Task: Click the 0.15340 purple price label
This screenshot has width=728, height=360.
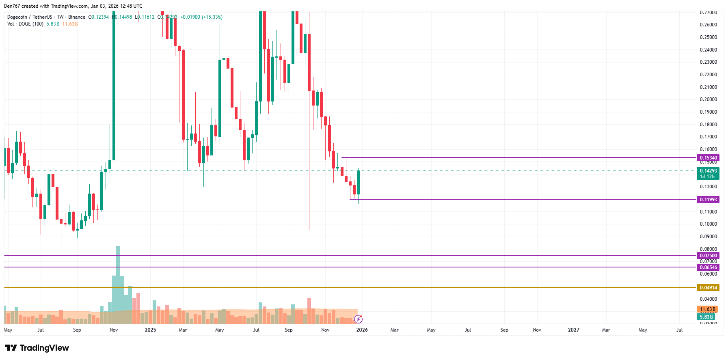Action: point(708,158)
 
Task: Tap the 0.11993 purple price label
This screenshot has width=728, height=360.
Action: point(708,200)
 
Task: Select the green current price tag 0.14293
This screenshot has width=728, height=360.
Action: point(708,171)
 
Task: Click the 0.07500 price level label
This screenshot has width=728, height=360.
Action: point(708,256)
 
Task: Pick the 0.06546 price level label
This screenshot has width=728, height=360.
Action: point(708,267)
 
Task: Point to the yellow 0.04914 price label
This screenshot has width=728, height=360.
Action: point(708,288)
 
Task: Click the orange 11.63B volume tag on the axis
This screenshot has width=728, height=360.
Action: point(707,309)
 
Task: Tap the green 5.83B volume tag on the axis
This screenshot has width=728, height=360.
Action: point(706,317)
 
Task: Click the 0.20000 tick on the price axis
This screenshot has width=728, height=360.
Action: point(708,99)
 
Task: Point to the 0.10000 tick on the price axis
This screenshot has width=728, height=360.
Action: point(708,224)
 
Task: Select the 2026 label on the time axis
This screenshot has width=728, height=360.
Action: point(362,330)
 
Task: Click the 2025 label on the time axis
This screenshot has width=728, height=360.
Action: point(150,330)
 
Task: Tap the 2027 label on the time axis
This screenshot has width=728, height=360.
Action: point(573,330)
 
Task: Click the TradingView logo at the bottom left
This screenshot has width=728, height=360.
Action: point(37,348)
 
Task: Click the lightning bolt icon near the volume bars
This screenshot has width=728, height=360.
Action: point(358,319)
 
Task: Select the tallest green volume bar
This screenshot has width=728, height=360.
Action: point(118,284)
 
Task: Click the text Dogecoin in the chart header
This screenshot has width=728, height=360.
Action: point(17,17)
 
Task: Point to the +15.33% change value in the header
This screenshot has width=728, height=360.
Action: point(212,17)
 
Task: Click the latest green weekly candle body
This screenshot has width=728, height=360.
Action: point(358,183)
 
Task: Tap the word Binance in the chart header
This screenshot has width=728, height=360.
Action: point(77,17)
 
